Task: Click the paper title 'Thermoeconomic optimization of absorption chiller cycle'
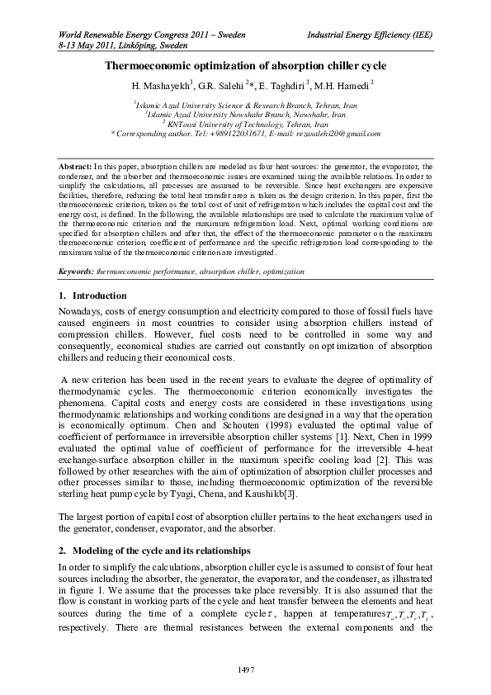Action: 245,65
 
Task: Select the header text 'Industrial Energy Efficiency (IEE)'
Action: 370,37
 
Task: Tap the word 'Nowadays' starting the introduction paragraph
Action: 84,310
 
